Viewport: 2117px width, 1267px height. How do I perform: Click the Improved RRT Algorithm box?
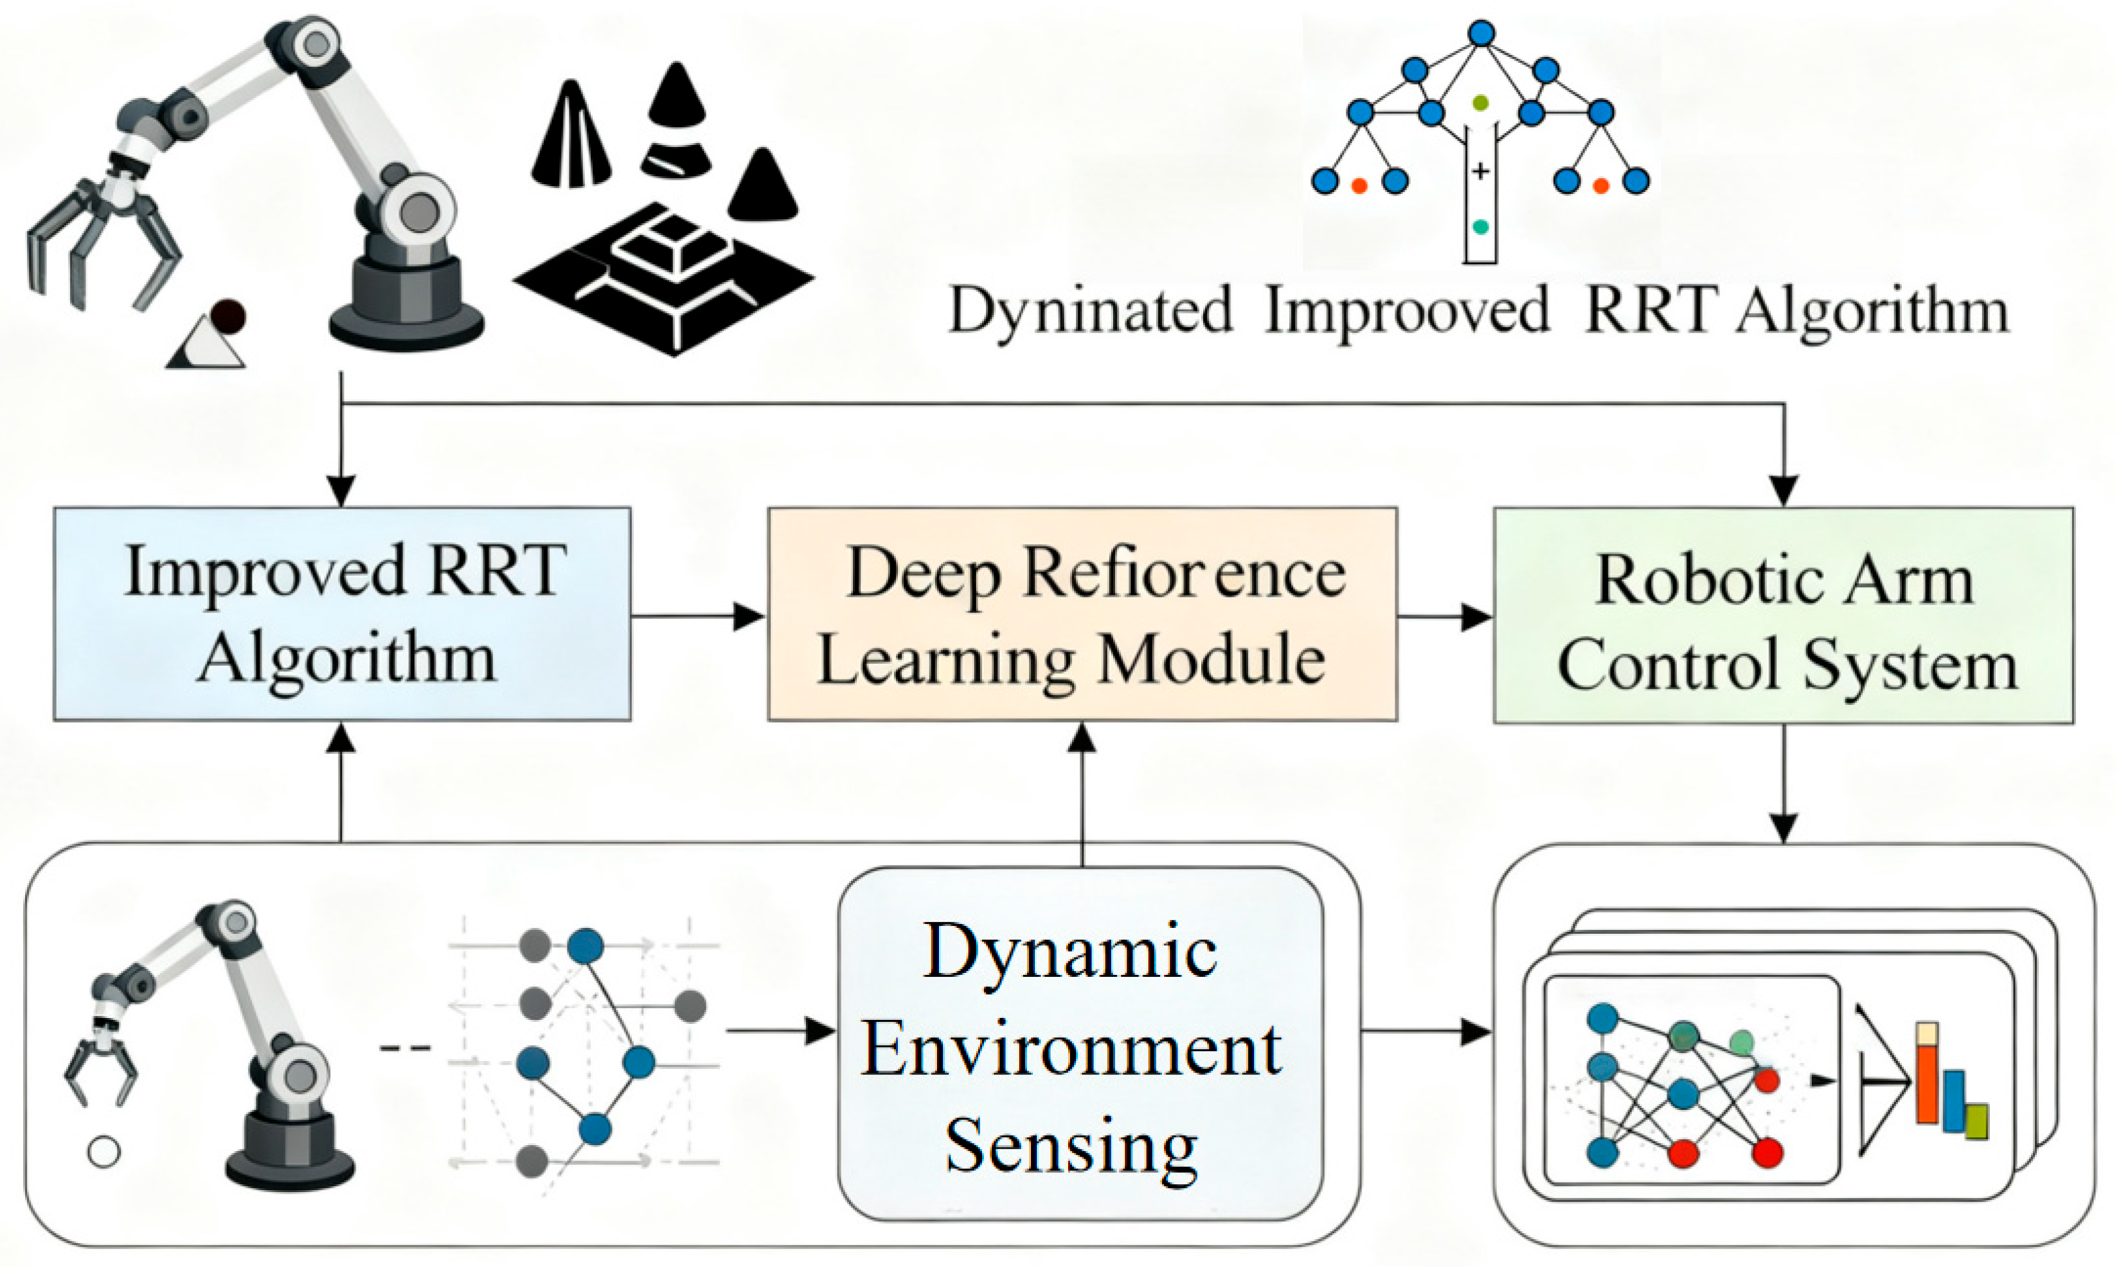(x=342, y=614)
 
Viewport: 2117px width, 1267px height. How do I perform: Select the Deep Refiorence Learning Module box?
(x=1081, y=614)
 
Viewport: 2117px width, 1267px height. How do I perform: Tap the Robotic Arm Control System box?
(x=1783, y=615)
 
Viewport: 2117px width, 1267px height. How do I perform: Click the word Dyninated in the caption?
(x=1090, y=310)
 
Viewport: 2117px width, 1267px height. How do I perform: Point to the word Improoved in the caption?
(x=1406, y=310)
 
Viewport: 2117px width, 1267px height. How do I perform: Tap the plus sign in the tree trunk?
(x=1480, y=171)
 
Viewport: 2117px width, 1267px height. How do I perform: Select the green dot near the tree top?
(x=1480, y=103)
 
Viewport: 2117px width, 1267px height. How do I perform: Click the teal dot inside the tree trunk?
(x=1480, y=227)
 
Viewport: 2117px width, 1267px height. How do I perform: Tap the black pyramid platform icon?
(x=664, y=278)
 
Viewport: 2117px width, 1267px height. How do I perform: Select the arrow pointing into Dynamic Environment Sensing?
(x=781, y=1031)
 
